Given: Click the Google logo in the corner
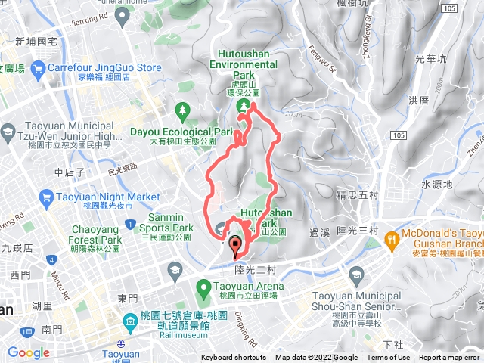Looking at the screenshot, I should pos(28,352).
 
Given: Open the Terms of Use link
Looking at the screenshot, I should pos(389,358).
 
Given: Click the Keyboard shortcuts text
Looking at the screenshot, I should pos(234,358).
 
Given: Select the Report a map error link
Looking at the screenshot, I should pos(449,358).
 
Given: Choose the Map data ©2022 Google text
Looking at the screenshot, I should pos(316,358).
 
